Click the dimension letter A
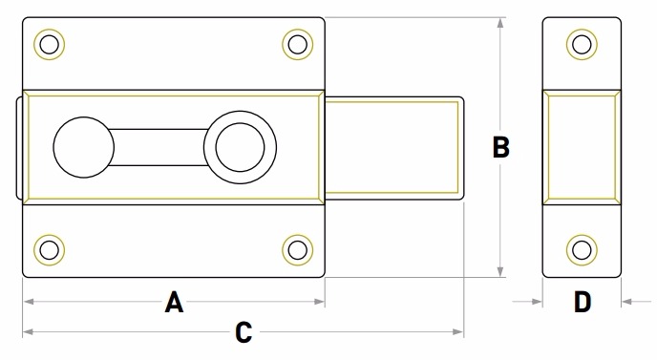(174, 302)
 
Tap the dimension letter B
(501, 147)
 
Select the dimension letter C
(244, 332)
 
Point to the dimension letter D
(583, 302)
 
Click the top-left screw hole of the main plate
(49, 45)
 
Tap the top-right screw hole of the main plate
(298, 45)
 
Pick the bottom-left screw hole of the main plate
(49, 250)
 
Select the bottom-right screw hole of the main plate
(298, 250)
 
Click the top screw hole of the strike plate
(582, 45)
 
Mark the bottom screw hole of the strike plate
(582, 250)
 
